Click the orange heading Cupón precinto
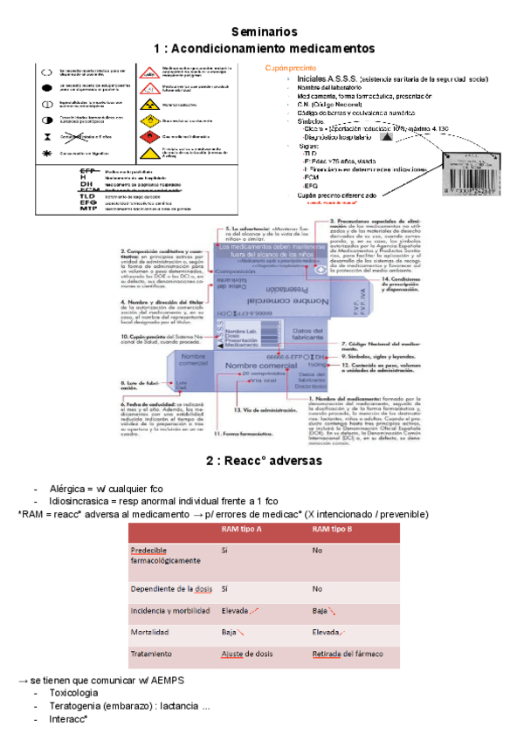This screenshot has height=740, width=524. point(290,68)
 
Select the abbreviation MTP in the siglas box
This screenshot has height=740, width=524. point(88,209)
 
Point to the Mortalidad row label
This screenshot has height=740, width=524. point(150,632)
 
